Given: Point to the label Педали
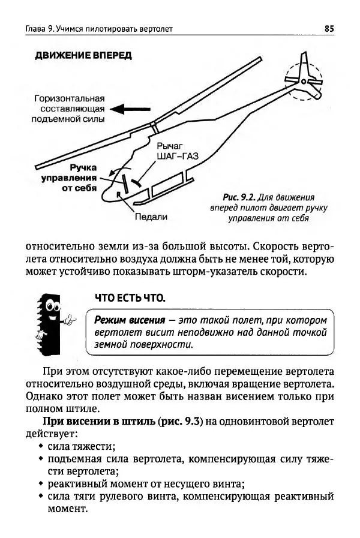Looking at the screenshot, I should click(x=151, y=217).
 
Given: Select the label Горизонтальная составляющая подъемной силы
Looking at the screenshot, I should click(x=69, y=109).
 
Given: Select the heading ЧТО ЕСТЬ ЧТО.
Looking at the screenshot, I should click(x=130, y=298).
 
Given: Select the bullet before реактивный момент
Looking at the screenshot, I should click(x=40, y=484).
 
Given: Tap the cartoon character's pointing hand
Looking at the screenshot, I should click(x=71, y=320).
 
